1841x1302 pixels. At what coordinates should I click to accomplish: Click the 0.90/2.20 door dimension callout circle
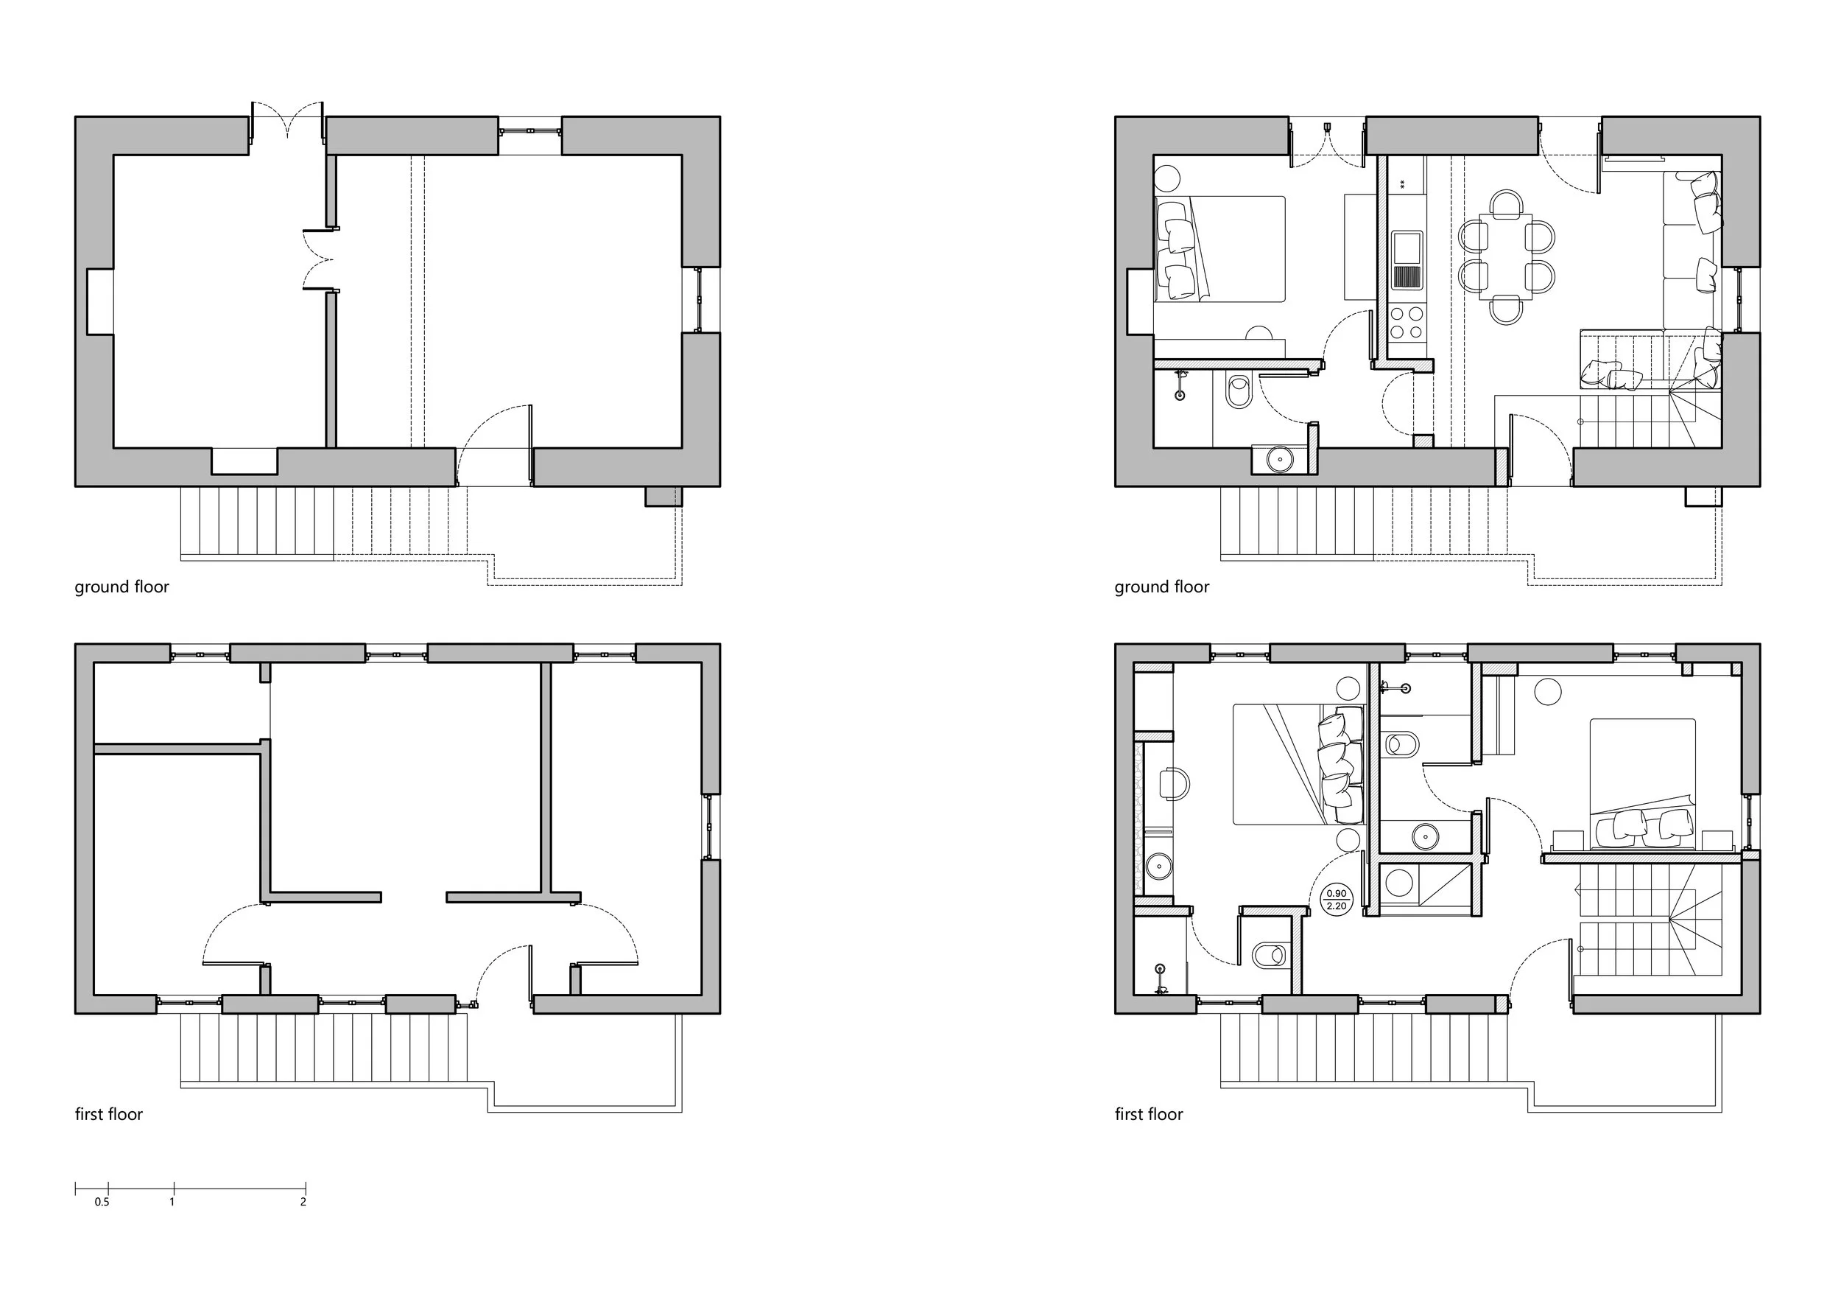[1336, 899]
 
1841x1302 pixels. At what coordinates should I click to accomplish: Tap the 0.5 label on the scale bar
[102, 1202]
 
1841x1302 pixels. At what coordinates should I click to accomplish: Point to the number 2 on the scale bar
[303, 1202]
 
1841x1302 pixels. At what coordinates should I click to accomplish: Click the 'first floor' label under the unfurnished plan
[109, 1114]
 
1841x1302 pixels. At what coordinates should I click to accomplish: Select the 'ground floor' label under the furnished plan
[1161, 587]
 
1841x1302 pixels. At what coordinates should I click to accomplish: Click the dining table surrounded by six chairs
[1505, 256]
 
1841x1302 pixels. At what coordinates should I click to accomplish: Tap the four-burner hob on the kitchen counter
[1407, 323]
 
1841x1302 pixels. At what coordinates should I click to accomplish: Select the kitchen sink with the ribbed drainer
[1407, 260]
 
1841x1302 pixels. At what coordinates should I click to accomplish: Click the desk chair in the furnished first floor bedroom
[1175, 784]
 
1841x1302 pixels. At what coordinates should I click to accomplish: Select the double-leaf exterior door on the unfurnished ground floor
[287, 128]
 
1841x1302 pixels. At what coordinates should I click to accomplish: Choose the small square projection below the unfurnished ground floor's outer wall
[663, 497]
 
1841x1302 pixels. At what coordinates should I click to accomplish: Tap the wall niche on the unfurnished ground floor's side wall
[99, 301]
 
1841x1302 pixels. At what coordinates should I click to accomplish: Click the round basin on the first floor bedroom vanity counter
[1158, 866]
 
